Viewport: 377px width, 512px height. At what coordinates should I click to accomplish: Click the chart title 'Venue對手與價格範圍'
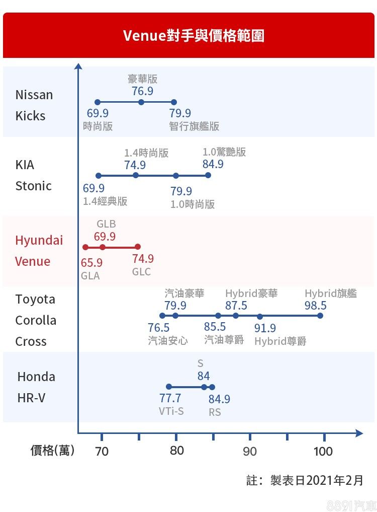click(194, 36)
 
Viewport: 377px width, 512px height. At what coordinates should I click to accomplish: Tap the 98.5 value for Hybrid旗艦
click(316, 306)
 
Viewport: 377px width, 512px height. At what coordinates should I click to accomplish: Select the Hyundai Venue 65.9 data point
click(85, 247)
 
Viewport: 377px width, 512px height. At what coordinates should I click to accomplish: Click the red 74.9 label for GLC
click(143, 259)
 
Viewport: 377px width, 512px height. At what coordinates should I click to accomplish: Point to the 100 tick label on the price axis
click(323, 451)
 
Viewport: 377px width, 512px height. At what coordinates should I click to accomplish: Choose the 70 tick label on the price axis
click(102, 451)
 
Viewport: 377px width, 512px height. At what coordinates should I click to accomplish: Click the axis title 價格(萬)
click(52, 450)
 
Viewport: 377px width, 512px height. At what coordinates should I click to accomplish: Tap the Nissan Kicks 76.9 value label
click(142, 91)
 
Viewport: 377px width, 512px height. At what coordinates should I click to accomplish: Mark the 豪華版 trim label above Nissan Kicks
click(142, 79)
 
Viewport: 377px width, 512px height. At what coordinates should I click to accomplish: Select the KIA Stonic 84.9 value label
click(213, 164)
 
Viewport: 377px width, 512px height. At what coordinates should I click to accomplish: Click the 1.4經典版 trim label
click(105, 201)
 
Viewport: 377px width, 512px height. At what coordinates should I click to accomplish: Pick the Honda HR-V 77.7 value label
click(170, 399)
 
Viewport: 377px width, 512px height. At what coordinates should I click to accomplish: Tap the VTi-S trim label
click(171, 411)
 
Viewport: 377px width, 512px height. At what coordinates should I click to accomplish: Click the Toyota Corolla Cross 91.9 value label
click(265, 328)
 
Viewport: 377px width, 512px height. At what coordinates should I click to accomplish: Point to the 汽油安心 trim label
click(168, 341)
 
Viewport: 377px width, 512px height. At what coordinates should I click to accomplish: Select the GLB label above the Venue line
click(106, 224)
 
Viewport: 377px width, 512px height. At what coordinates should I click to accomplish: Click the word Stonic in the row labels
click(34, 186)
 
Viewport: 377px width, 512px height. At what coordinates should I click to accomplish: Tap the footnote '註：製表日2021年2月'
click(305, 480)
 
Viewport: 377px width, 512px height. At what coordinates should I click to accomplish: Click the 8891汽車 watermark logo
click(350, 505)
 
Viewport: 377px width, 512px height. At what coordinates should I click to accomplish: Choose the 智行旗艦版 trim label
click(194, 126)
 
